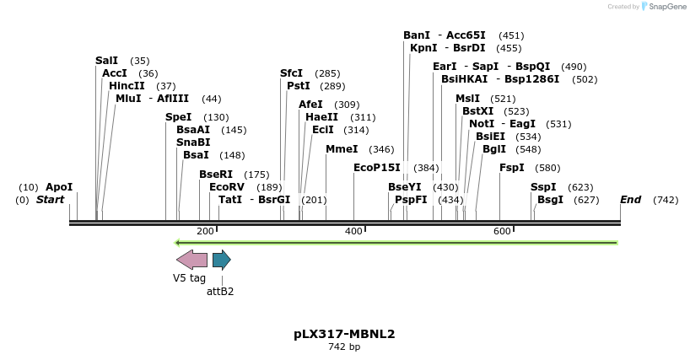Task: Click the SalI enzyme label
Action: (106, 61)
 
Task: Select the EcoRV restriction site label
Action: (226, 187)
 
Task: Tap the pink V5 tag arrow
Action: (191, 260)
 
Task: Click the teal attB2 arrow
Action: (221, 260)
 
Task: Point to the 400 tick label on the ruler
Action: (353, 231)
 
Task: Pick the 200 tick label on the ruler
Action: (205, 231)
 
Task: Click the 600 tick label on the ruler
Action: (502, 231)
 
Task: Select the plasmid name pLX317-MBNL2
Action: (344, 334)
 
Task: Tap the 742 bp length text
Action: (344, 347)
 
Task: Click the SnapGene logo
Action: (664, 7)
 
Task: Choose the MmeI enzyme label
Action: (342, 149)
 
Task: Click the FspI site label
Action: (511, 168)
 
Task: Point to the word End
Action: (630, 200)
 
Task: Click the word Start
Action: (50, 200)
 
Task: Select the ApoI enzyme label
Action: (59, 187)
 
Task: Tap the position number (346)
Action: (381, 149)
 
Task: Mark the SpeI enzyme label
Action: (178, 117)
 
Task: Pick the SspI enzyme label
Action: (543, 187)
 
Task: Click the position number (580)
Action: (547, 168)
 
